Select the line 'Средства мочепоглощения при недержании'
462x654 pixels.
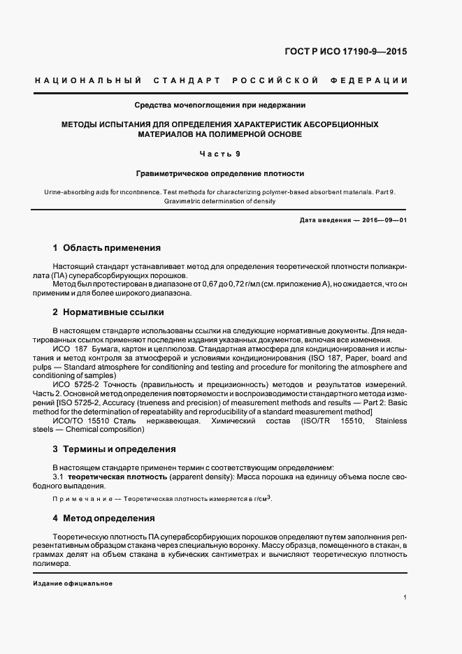tap(220, 106)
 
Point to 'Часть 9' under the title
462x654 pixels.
tap(220, 153)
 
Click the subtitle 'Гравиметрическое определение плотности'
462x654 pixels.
tap(220, 173)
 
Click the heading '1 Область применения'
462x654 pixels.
tap(107, 248)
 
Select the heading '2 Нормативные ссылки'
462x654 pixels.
tap(108, 312)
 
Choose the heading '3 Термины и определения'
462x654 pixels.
tap(115, 449)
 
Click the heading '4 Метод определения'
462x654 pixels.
tap(104, 518)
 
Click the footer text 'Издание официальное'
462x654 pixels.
tap(73, 584)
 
